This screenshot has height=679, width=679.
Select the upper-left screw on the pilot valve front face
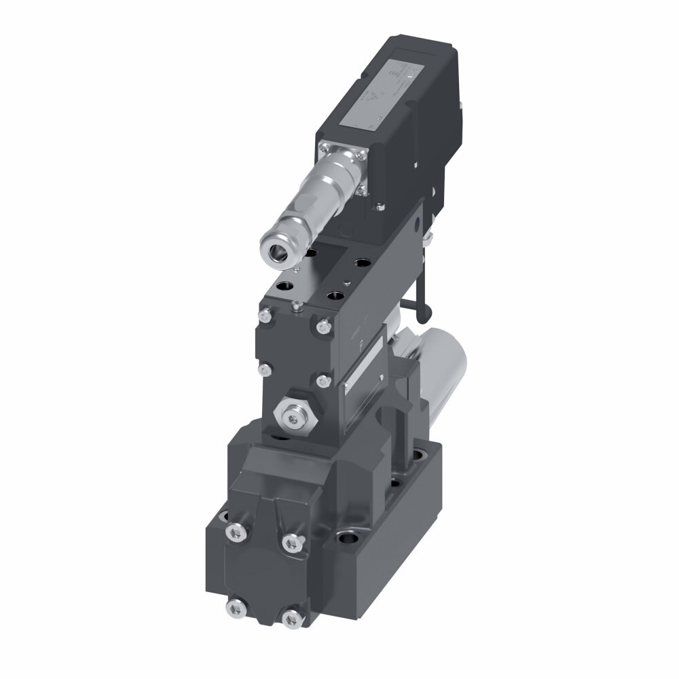pos(265,314)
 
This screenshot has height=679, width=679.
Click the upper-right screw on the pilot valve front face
pos(323,328)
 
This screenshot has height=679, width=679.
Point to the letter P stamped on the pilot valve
pos(361,344)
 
